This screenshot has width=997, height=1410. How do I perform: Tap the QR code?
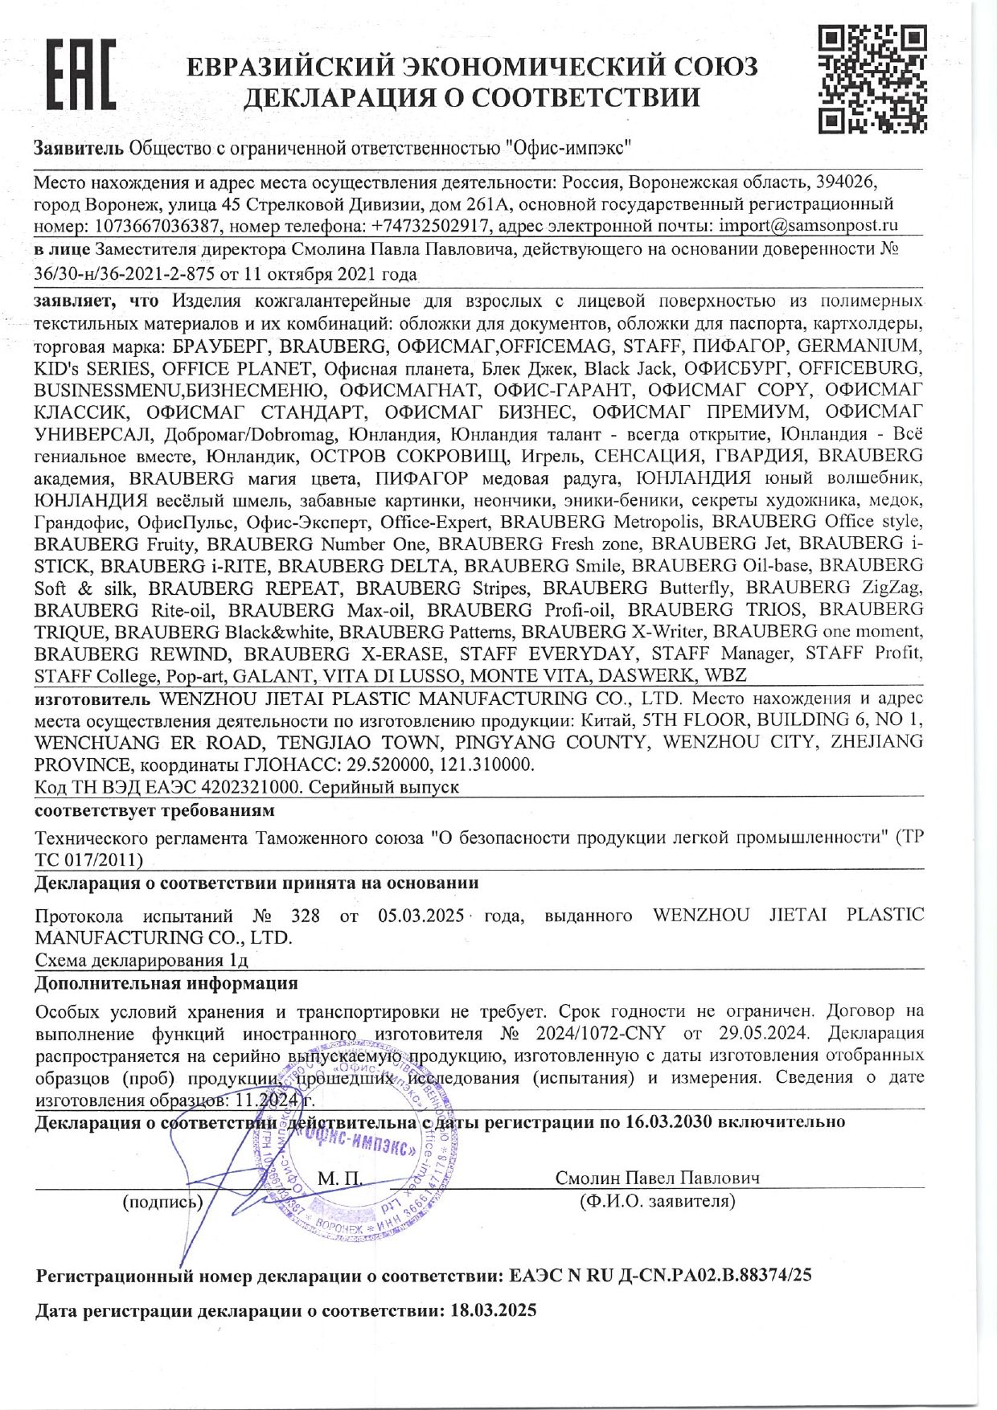coord(872,79)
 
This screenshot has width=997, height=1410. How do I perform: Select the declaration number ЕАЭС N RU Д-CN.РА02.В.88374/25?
coord(661,1276)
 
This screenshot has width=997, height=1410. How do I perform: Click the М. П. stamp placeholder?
coord(340,1178)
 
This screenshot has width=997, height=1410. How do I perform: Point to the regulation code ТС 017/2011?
coord(89,860)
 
